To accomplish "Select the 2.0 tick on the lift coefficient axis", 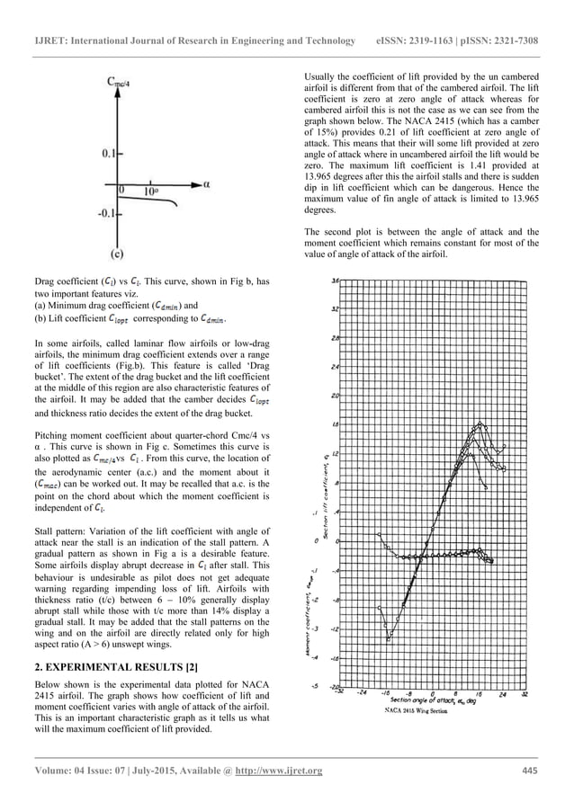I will (x=335, y=396).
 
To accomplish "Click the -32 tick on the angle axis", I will (x=338, y=692).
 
